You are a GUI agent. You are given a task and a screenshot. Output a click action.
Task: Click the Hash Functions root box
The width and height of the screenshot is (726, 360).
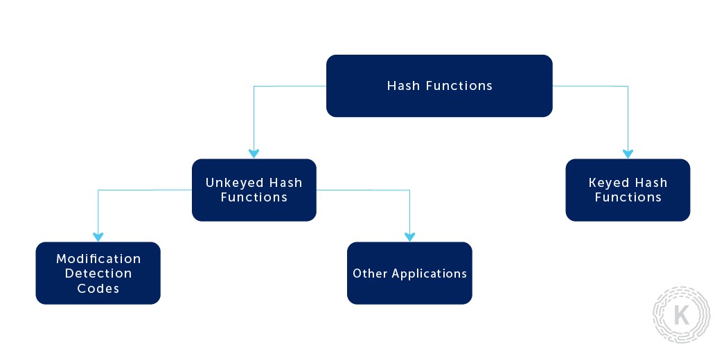click(439, 86)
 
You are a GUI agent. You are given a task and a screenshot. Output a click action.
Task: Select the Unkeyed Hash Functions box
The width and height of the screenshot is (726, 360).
click(254, 190)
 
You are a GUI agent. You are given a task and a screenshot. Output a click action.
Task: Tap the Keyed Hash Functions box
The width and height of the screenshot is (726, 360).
click(628, 190)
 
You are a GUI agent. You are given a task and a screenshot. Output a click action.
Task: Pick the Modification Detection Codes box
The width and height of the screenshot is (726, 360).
click(98, 273)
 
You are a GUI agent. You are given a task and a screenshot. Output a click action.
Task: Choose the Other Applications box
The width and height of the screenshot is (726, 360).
click(409, 273)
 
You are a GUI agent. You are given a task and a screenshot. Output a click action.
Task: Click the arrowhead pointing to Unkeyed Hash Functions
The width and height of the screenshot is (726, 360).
click(254, 154)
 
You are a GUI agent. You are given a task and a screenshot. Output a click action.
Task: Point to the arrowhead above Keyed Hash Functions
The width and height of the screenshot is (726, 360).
click(628, 154)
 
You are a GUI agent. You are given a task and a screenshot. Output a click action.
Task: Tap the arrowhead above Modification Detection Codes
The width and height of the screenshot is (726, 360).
click(98, 236)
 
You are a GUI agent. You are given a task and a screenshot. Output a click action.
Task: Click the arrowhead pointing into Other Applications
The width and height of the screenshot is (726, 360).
click(409, 236)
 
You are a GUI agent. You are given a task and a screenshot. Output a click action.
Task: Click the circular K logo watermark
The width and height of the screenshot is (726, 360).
click(682, 315)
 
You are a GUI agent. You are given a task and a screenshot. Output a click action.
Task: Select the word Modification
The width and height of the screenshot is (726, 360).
click(98, 258)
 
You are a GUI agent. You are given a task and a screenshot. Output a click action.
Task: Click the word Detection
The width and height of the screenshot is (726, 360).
click(98, 273)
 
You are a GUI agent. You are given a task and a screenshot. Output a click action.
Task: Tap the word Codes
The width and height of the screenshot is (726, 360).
click(98, 288)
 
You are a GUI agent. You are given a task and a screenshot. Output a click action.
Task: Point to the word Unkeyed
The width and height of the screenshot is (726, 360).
click(235, 183)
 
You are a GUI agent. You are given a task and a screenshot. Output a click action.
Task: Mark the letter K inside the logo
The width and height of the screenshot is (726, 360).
click(682, 316)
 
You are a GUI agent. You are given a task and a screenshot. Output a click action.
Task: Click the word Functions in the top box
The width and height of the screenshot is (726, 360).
click(459, 86)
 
